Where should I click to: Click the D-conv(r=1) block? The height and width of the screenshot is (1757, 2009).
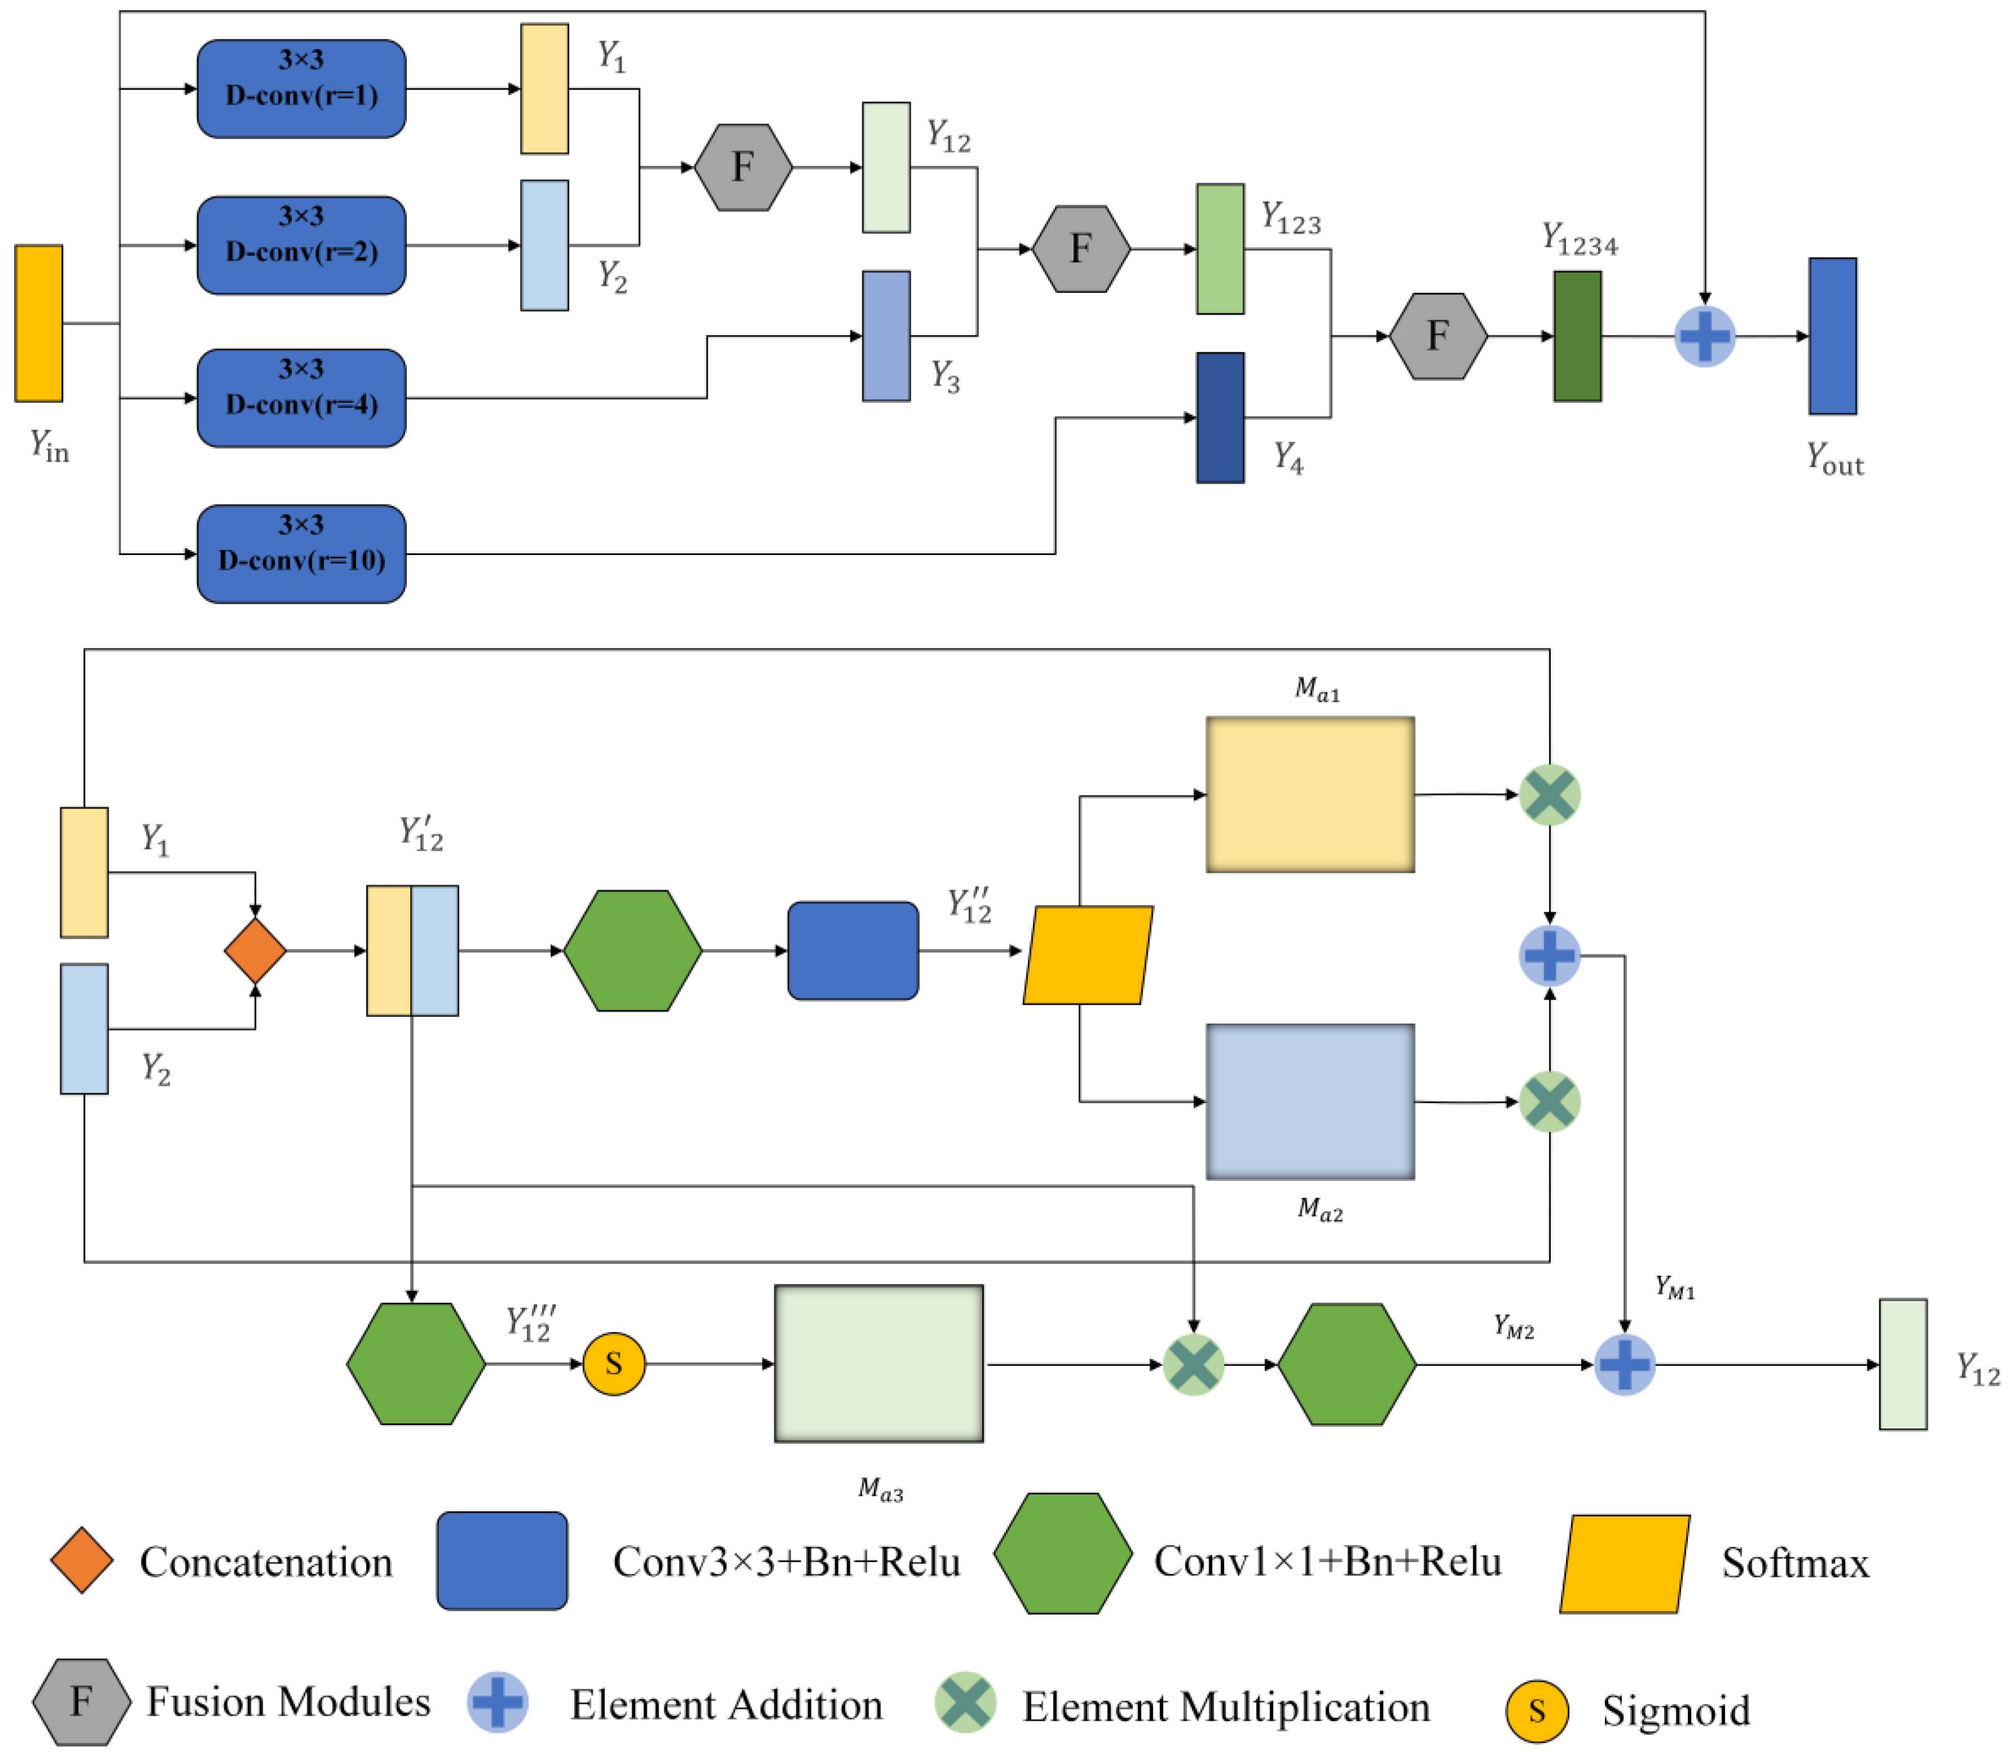point(301,88)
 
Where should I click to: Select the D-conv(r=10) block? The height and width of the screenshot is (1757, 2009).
point(301,554)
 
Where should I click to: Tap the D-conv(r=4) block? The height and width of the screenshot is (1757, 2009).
point(301,398)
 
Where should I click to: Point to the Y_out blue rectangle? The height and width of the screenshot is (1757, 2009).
point(1831,336)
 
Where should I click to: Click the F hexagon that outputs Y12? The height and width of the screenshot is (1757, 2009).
point(742,168)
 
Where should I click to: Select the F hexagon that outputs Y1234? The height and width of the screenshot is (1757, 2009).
point(1438,336)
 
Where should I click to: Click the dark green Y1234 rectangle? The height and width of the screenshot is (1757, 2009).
point(1577,336)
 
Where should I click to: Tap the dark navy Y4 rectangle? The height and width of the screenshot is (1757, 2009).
point(1219,418)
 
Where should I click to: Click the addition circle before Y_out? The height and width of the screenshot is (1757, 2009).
point(1704,336)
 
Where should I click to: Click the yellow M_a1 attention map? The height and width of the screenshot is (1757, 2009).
point(1309,794)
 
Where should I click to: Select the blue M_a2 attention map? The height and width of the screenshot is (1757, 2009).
point(1309,1101)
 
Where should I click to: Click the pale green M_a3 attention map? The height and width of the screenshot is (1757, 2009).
point(879,1363)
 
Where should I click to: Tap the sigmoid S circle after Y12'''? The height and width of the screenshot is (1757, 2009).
point(614,1363)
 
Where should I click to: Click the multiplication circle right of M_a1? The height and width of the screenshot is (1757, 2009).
point(1549,794)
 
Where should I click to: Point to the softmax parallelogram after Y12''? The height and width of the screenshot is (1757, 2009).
point(1088,955)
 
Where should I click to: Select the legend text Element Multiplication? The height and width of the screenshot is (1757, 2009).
point(1226,1707)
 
